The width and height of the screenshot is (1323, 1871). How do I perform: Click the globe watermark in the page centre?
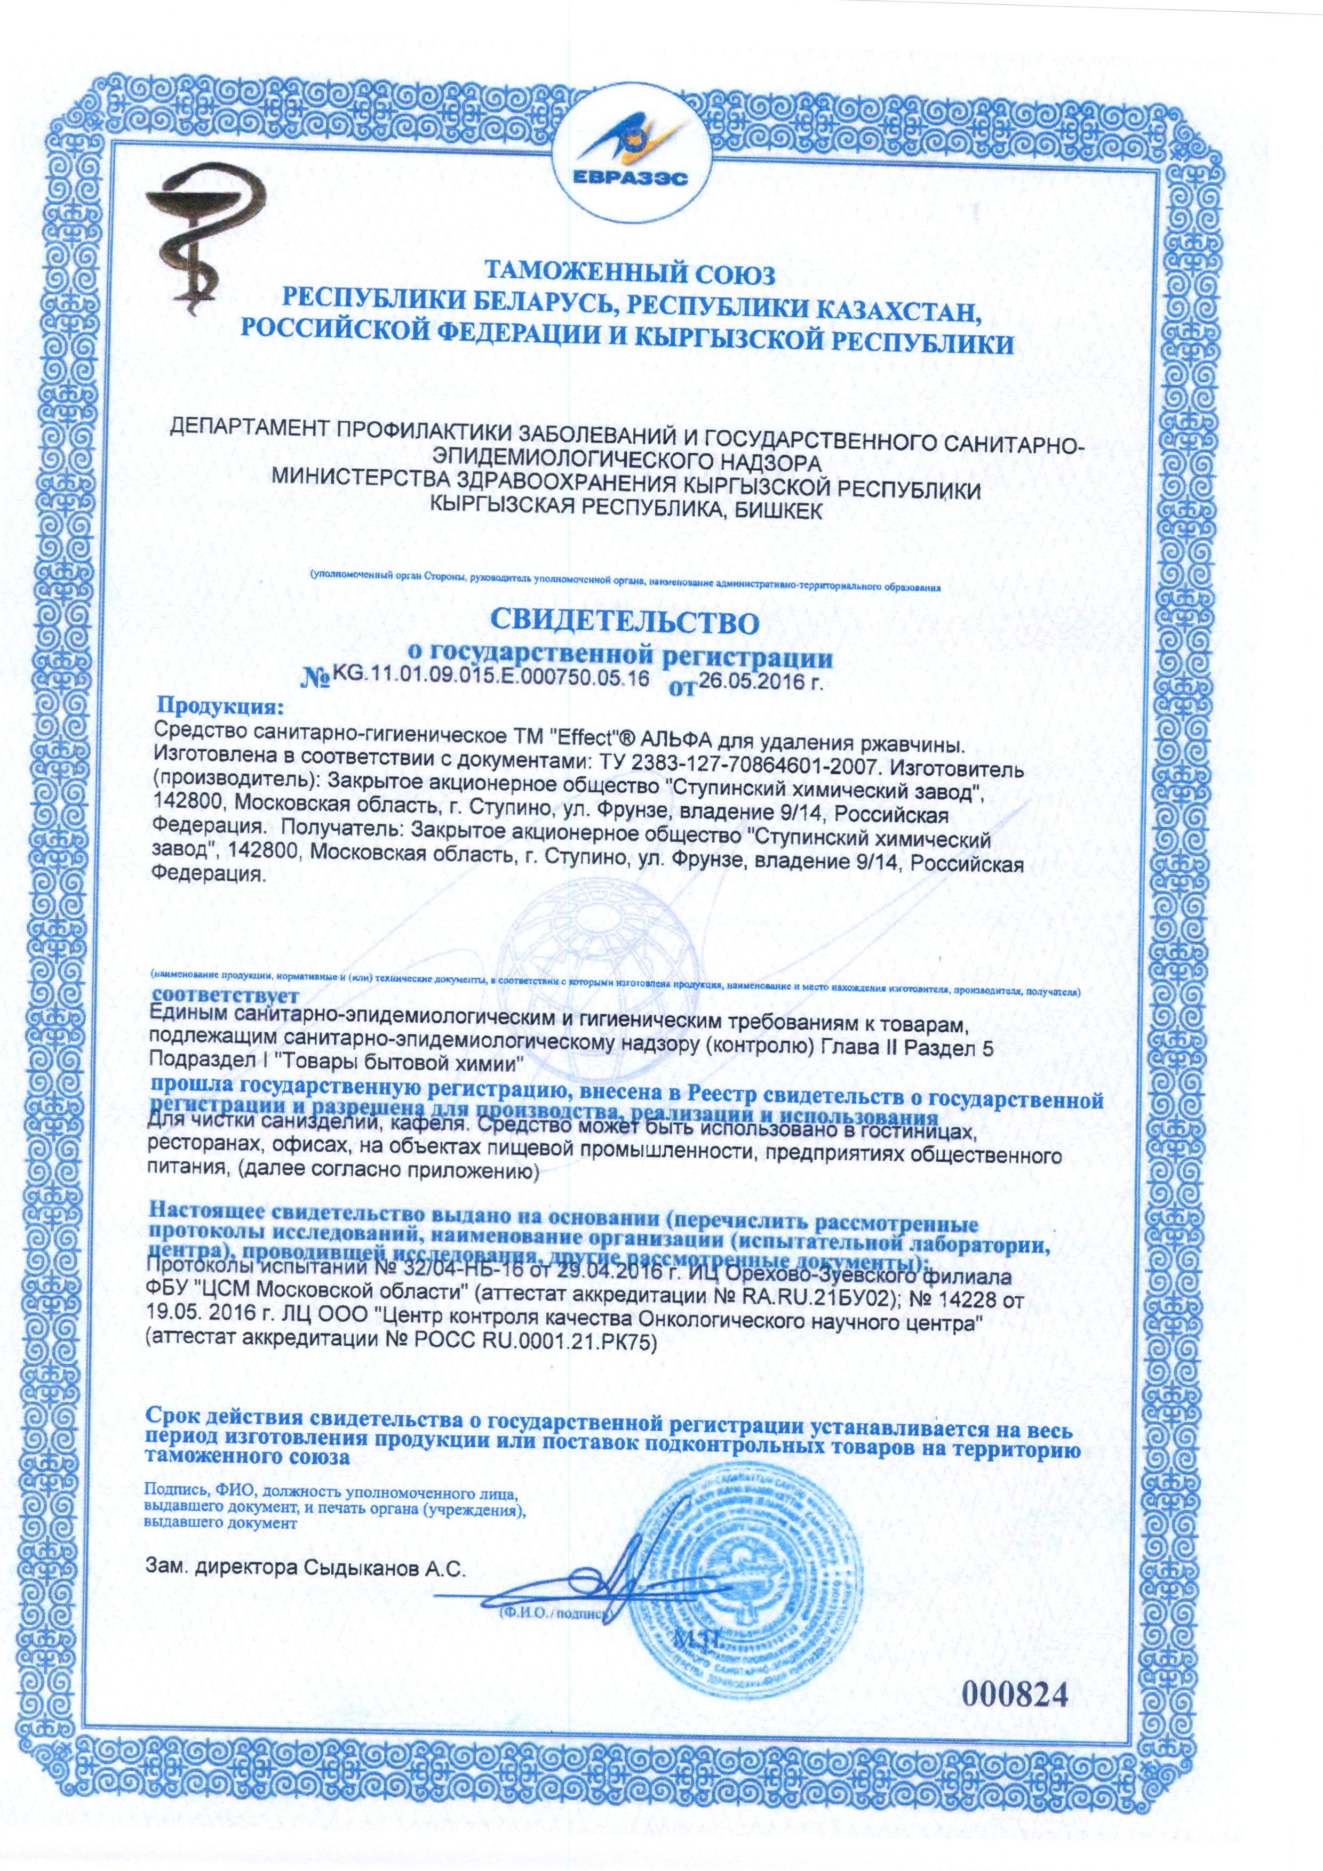619,961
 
